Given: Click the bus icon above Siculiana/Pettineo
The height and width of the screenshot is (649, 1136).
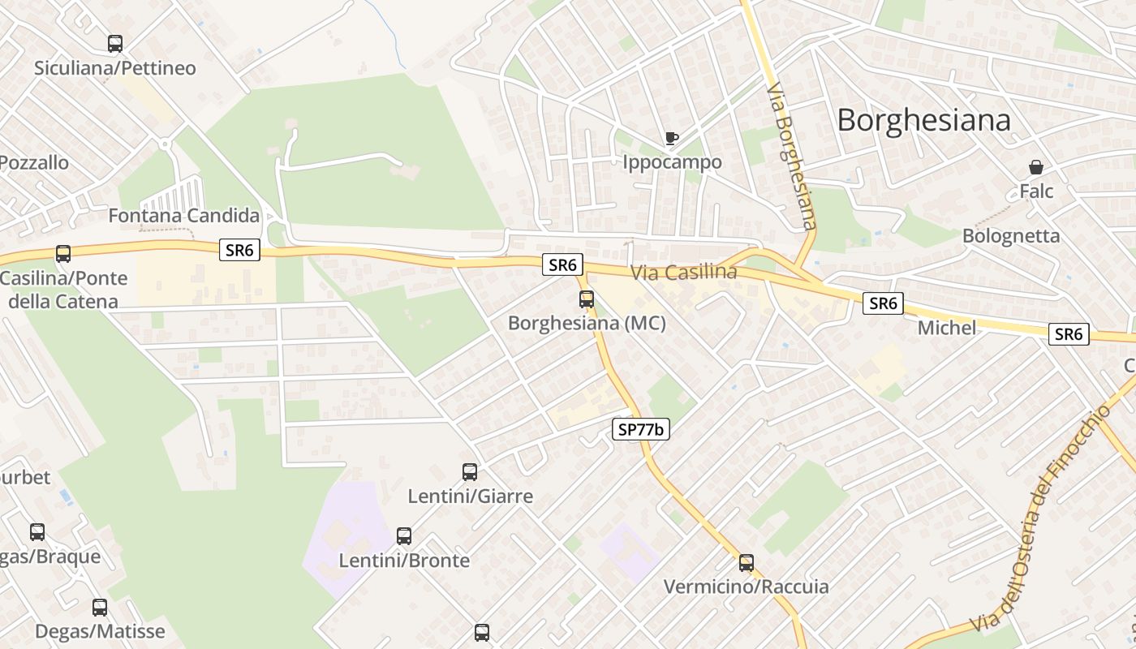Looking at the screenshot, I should pos(115,44).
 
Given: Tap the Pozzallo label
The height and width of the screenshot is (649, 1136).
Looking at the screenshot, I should pos(34,162).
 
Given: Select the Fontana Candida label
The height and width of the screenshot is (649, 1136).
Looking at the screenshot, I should pos(184,216).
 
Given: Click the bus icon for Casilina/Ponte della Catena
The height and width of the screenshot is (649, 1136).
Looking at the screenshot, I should pos(63,254).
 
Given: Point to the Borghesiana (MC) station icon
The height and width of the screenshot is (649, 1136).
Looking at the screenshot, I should pos(587,299).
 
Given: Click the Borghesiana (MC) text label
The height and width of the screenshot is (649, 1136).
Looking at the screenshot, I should pos(587,323).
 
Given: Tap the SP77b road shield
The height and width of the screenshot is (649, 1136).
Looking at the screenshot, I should pos(640,430).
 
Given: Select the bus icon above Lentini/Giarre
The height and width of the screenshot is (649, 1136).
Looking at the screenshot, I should pos(470,472).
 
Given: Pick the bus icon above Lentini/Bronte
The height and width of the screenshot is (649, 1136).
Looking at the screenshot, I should pos(404,536).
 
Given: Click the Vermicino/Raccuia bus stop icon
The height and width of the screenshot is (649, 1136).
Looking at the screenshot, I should pos(747,563).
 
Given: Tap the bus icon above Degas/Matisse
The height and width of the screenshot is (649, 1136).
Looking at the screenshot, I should pos(100,608).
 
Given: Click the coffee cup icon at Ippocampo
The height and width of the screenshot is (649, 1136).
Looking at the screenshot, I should pos(671,139).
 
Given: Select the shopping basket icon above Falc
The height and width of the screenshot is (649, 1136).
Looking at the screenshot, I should pos(1036,168).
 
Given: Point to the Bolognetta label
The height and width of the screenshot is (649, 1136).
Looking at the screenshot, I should pos(1011,236).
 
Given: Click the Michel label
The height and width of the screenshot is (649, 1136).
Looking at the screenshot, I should pos(947,328).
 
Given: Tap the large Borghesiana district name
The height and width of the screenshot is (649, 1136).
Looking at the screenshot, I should pos(923,120).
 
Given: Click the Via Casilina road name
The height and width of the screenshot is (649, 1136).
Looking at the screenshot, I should pos(684,273).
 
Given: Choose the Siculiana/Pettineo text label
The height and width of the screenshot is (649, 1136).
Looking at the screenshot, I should pos(115,68).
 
